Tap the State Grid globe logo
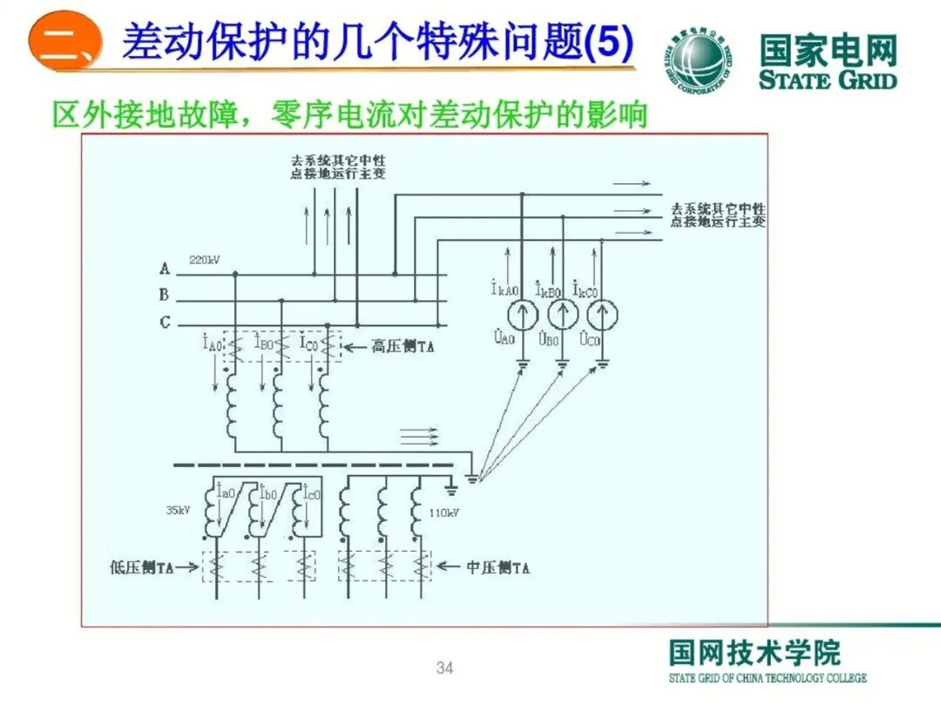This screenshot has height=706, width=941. pos(701,58)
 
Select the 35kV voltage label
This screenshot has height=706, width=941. pos(178,510)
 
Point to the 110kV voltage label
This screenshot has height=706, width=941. pos(443,513)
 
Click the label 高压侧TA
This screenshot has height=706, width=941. pos(403,347)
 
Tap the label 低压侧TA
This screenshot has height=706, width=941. pos(142,567)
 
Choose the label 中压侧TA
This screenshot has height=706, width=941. pos(498,567)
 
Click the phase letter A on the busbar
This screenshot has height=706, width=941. pos(164,269)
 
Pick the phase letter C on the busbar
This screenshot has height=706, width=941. pos(164,322)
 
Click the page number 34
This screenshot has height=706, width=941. pos(444,669)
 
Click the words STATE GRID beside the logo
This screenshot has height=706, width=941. pos(827,81)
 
